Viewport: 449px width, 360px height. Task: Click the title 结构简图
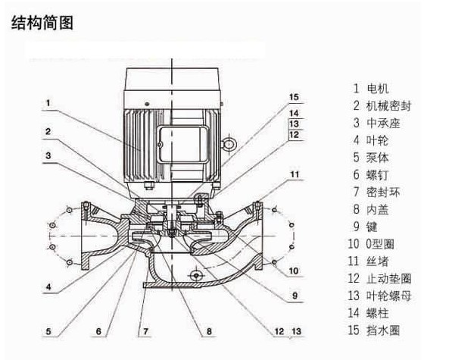[x=43, y=23]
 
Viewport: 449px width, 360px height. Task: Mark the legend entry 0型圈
[x=388, y=244]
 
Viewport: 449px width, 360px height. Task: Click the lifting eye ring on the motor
[x=227, y=142]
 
